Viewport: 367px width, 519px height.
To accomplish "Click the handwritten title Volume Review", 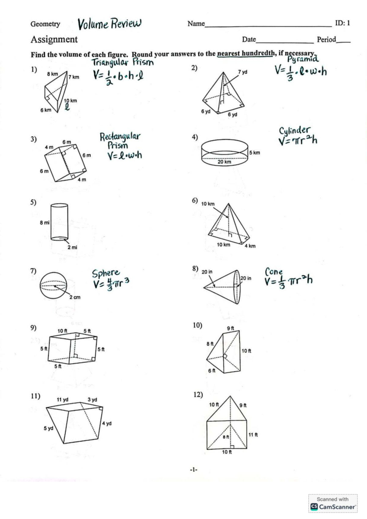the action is click(109, 24).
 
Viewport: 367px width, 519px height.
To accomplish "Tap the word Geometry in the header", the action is click(45, 24).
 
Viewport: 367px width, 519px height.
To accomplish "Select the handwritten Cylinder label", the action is click(294, 131).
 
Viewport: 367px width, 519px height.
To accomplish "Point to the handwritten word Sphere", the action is click(106, 273).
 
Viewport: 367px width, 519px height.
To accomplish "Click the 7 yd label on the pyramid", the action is click(243, 72).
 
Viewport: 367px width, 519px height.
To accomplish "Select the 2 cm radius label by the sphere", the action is click(75, 297).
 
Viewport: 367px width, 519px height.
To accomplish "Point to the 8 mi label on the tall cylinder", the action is click(45, 223).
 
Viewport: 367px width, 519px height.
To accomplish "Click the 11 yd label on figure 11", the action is click(63, 399).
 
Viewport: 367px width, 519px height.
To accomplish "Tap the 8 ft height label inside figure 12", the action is click(226, 437).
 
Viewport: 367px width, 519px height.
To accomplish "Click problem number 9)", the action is click(33, 328).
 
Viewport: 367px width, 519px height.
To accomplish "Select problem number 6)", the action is click(195, 201).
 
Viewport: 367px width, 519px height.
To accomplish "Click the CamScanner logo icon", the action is click(314, 507).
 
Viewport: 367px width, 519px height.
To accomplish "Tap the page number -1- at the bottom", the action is click(194, 470).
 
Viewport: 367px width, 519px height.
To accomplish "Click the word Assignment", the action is click(54, 39).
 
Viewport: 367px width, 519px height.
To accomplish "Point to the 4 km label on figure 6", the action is click(250, 246).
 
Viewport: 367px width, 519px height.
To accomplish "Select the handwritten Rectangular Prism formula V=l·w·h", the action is click(124, 156).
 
